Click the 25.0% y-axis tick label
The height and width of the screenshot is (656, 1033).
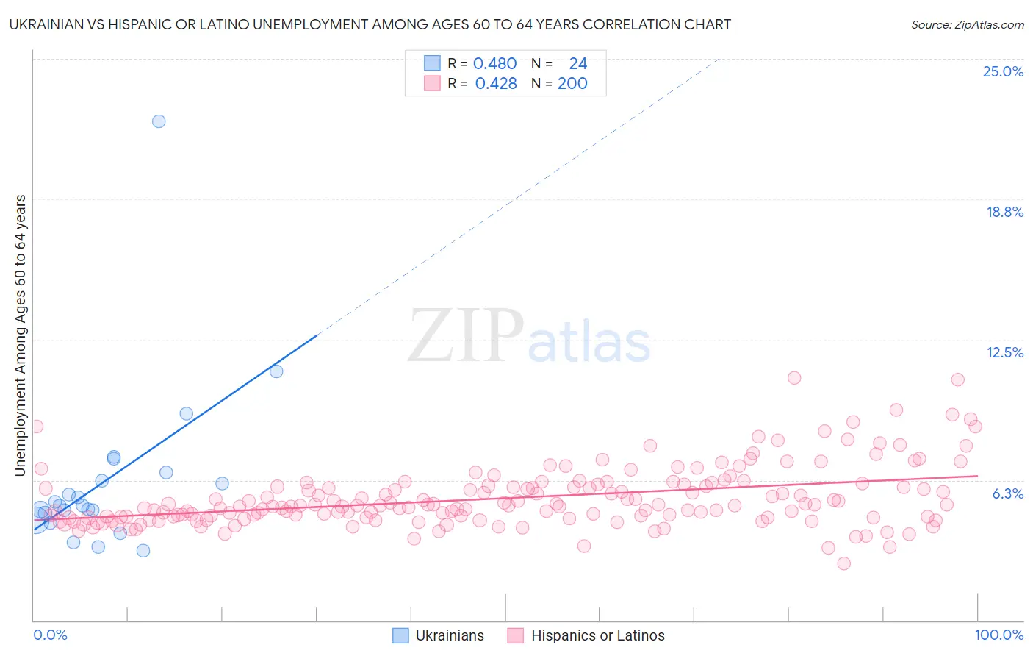1003,71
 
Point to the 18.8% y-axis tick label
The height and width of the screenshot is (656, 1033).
1004,212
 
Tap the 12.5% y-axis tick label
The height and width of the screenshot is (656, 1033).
1004,352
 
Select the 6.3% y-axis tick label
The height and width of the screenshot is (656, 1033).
1007,493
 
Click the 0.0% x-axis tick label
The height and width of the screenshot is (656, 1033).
50,635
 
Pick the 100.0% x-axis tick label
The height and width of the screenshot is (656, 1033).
998,635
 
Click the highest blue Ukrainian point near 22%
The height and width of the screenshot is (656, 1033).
159,121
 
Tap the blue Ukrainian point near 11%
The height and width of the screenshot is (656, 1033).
276,371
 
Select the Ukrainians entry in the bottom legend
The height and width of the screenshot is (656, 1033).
439,635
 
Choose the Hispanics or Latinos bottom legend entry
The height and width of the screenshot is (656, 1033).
586,635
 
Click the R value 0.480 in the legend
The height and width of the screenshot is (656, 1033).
494,64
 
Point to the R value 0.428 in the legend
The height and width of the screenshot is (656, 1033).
496,84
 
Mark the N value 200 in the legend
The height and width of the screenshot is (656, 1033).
572,84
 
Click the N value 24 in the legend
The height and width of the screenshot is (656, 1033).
577,64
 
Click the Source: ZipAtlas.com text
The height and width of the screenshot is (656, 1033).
967,25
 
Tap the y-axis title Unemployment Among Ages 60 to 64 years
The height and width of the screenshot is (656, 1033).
21,335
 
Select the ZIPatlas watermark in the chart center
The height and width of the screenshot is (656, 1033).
529,337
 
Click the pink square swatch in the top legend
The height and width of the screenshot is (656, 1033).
432,83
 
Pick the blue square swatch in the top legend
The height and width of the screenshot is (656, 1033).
432,63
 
